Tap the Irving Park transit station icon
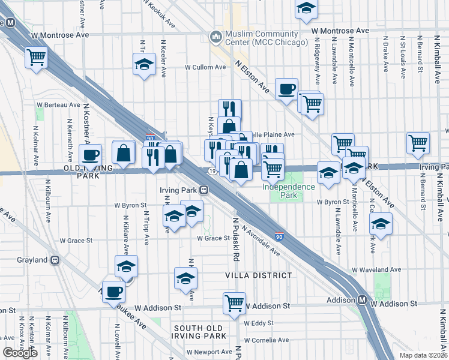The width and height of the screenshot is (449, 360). click(x=204, y=190)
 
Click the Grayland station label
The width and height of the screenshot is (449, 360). click(x=32, y=260)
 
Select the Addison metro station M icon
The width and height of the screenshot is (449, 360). click(x=363, y=299)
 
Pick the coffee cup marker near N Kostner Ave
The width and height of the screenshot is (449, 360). click(x=91, y=154)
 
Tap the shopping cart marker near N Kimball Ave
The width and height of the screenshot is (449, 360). click(x=418, y=142)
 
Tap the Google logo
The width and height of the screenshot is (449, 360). click(x=20, y=353)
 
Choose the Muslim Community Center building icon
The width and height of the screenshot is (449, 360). click(x=215, y=38)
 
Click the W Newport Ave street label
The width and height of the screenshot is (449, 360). click(x=209, y=352)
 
